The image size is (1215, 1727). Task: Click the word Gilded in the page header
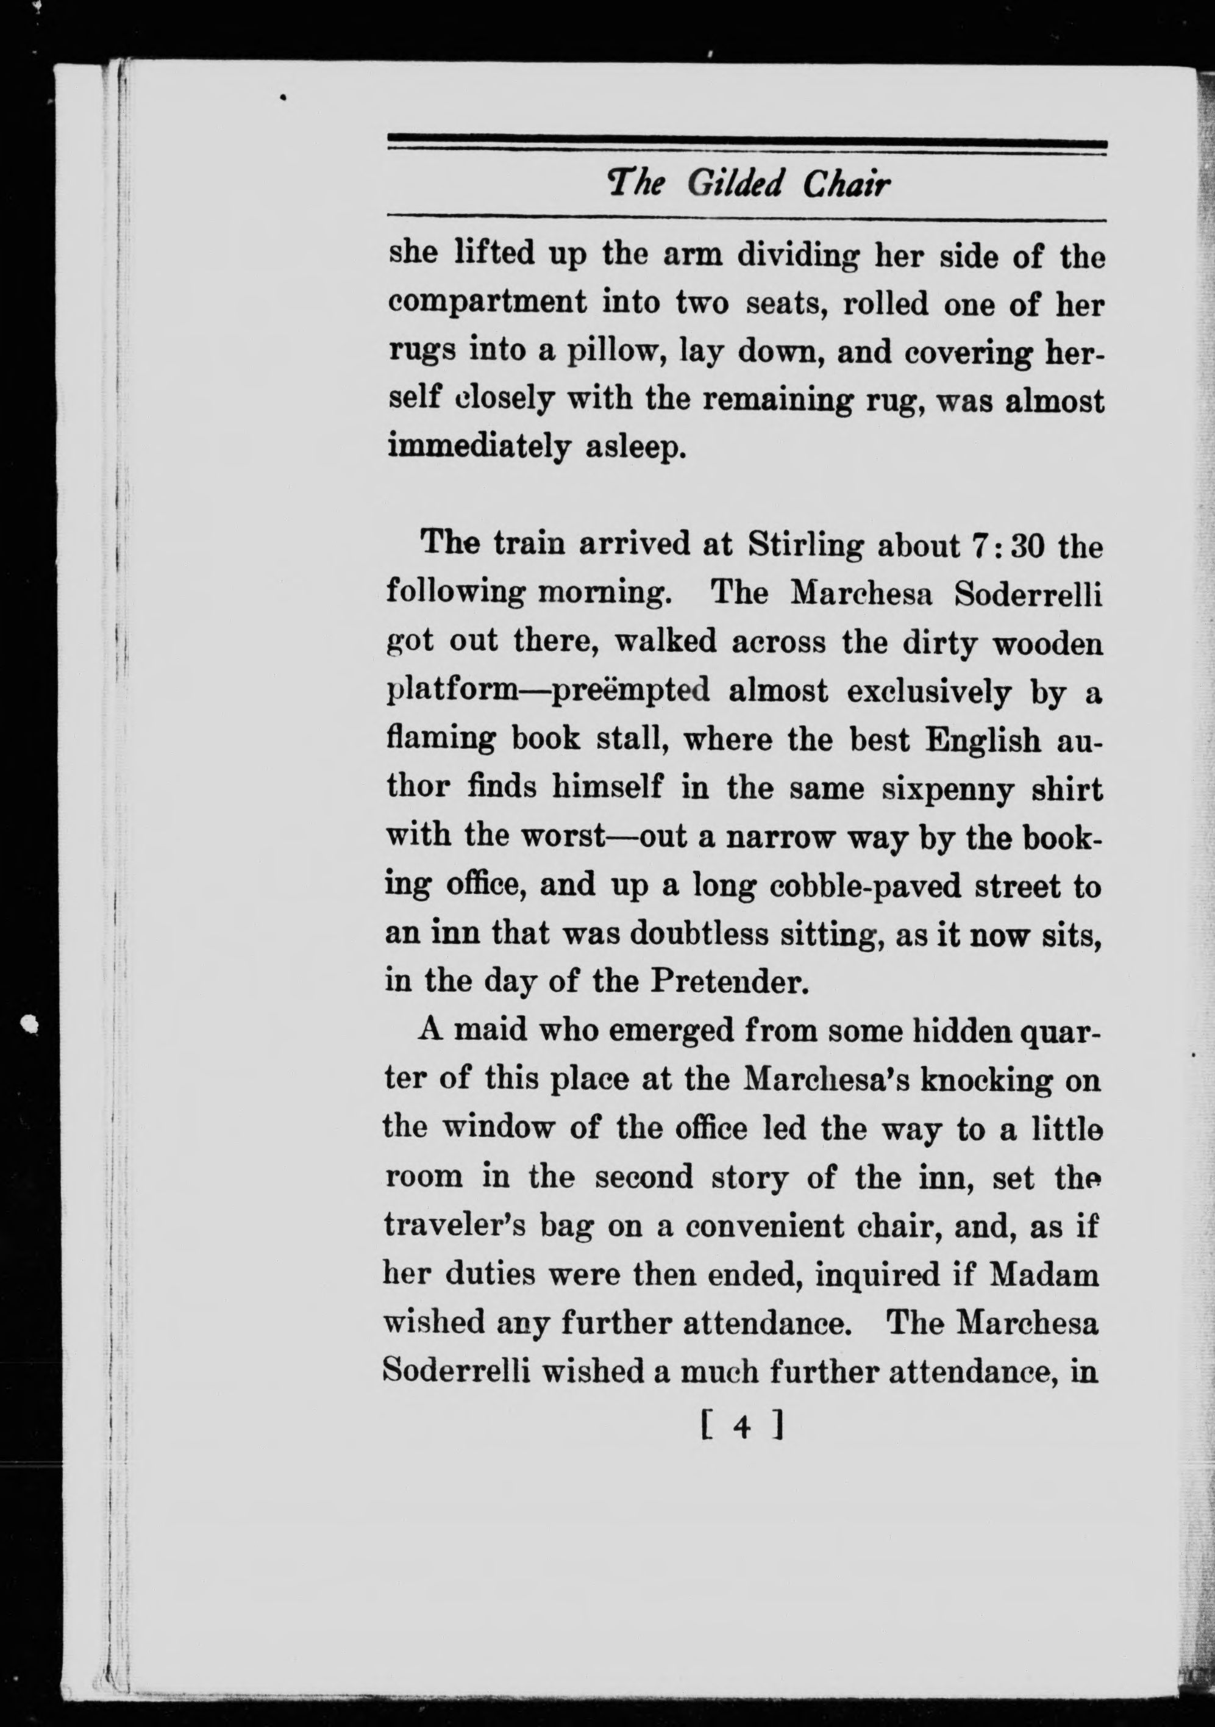[x=735, y=183]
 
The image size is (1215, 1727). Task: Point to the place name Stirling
[x=805, y=545]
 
